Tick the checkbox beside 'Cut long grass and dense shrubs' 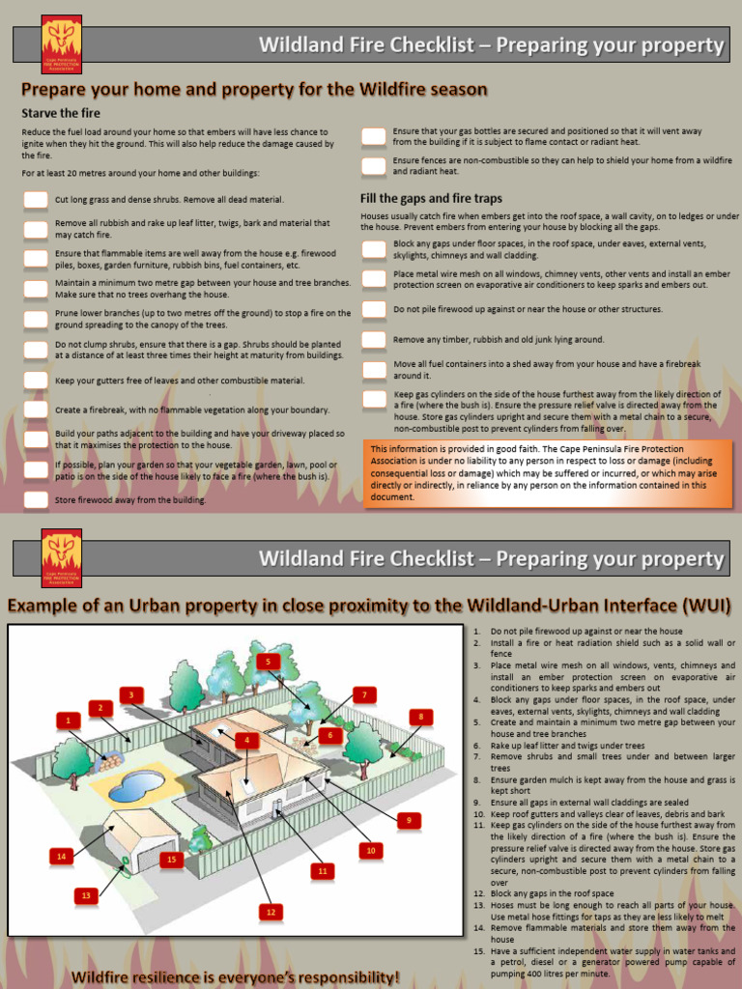[36, 200]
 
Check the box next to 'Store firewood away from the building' [36, 500]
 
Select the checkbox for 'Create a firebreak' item [36, 410]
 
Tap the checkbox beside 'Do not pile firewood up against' [374, 309]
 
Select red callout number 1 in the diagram [68, 720]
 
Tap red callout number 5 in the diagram [269, 662]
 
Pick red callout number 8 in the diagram [420, 716]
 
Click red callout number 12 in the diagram [271, 911]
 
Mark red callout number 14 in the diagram [62, 856]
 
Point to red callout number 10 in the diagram [369, 850]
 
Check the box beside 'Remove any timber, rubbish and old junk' [374, 340]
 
